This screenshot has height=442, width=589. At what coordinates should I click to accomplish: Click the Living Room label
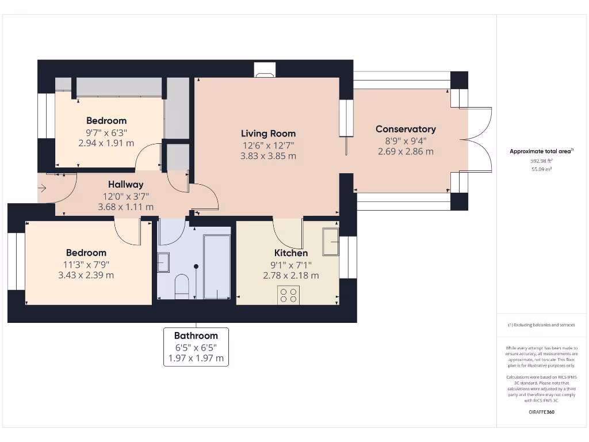click(x=268, y=134)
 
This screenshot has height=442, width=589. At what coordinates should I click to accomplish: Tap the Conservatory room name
click(x=406, y=129)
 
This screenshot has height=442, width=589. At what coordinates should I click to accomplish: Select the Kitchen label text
click(x=290, y=253)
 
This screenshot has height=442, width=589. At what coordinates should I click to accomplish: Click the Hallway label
click(x=125, y=184)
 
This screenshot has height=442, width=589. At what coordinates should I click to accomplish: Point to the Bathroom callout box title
click(x=196, y=336)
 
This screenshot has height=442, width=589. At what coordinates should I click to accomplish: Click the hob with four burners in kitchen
click(x=288, y=295)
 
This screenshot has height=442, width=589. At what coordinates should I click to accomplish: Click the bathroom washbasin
click(x=163, y=262)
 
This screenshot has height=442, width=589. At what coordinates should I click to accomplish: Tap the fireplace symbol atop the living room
click(x=265, y=73)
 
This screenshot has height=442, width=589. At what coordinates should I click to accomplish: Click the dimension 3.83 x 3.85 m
click(x=268, y=155)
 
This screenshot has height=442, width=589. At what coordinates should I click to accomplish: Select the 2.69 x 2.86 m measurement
click(x=406, y=151)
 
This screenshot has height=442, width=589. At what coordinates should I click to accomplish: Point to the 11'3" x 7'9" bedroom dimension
click(x=86, y=264)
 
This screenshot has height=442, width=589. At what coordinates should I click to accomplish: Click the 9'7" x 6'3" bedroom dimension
click(x=106, y=132)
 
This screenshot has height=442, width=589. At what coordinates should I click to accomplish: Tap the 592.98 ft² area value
click(x=541, y=162)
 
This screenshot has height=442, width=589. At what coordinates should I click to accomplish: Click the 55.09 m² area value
click(x=541, y=170)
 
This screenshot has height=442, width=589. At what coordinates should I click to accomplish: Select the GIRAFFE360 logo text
click(x=541, y=412)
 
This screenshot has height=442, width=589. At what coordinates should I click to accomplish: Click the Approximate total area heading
click(x=541, y=151)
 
